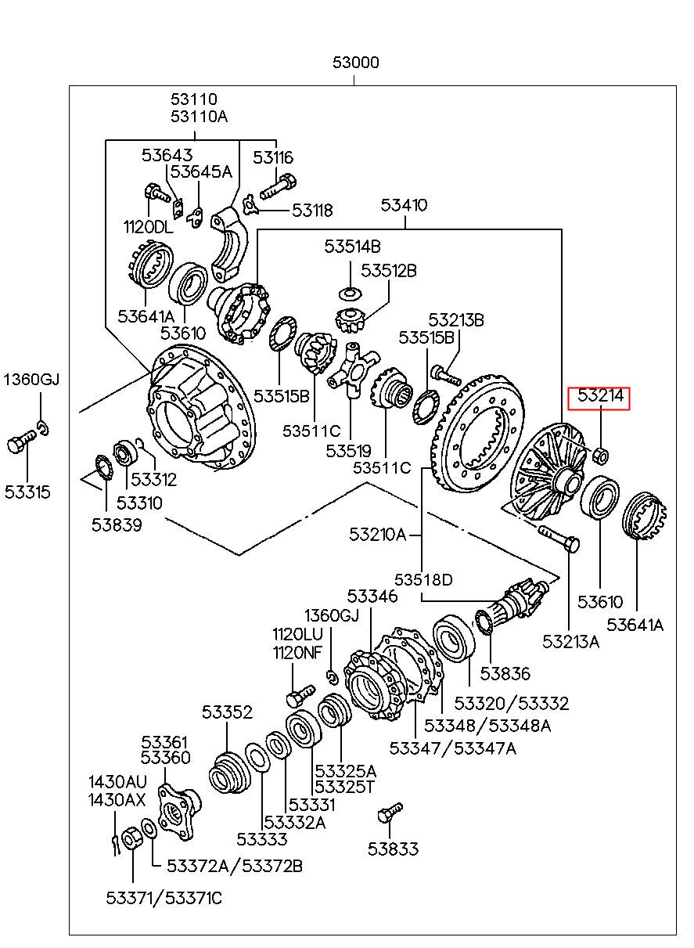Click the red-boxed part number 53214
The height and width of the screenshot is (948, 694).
coord(601,395)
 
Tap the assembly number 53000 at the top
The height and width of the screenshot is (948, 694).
coord(356,63)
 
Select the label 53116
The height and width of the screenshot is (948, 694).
coord(273,157)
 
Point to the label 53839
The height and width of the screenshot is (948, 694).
coord(117,525)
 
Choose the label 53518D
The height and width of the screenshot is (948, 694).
coord(423,579)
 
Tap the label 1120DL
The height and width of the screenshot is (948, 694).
coord(149,227)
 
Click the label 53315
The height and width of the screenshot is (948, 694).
coord(27,492)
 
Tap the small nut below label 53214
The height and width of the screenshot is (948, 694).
coord(601,455)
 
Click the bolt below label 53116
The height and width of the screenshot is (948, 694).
coord(278,188)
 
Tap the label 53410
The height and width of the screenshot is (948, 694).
coord(404,205)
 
